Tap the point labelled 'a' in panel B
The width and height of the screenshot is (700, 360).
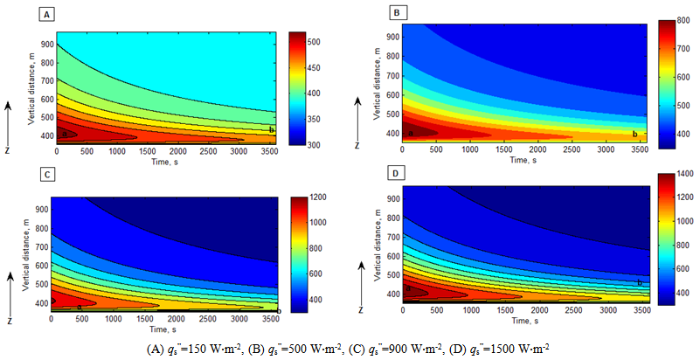click(x=410, y=133)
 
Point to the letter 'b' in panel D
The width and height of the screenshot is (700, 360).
click(x=639, y=281)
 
